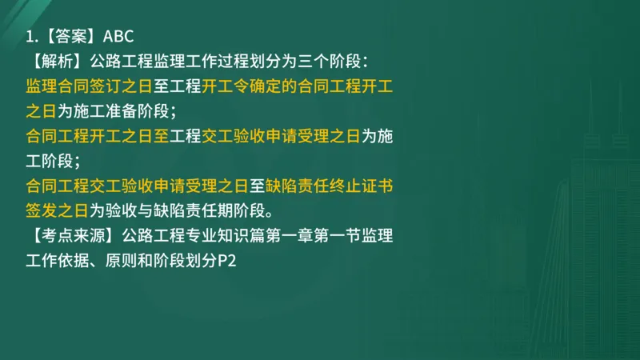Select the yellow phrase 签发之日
(x=56, y=211)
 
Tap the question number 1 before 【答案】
(x=30, y=37)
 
